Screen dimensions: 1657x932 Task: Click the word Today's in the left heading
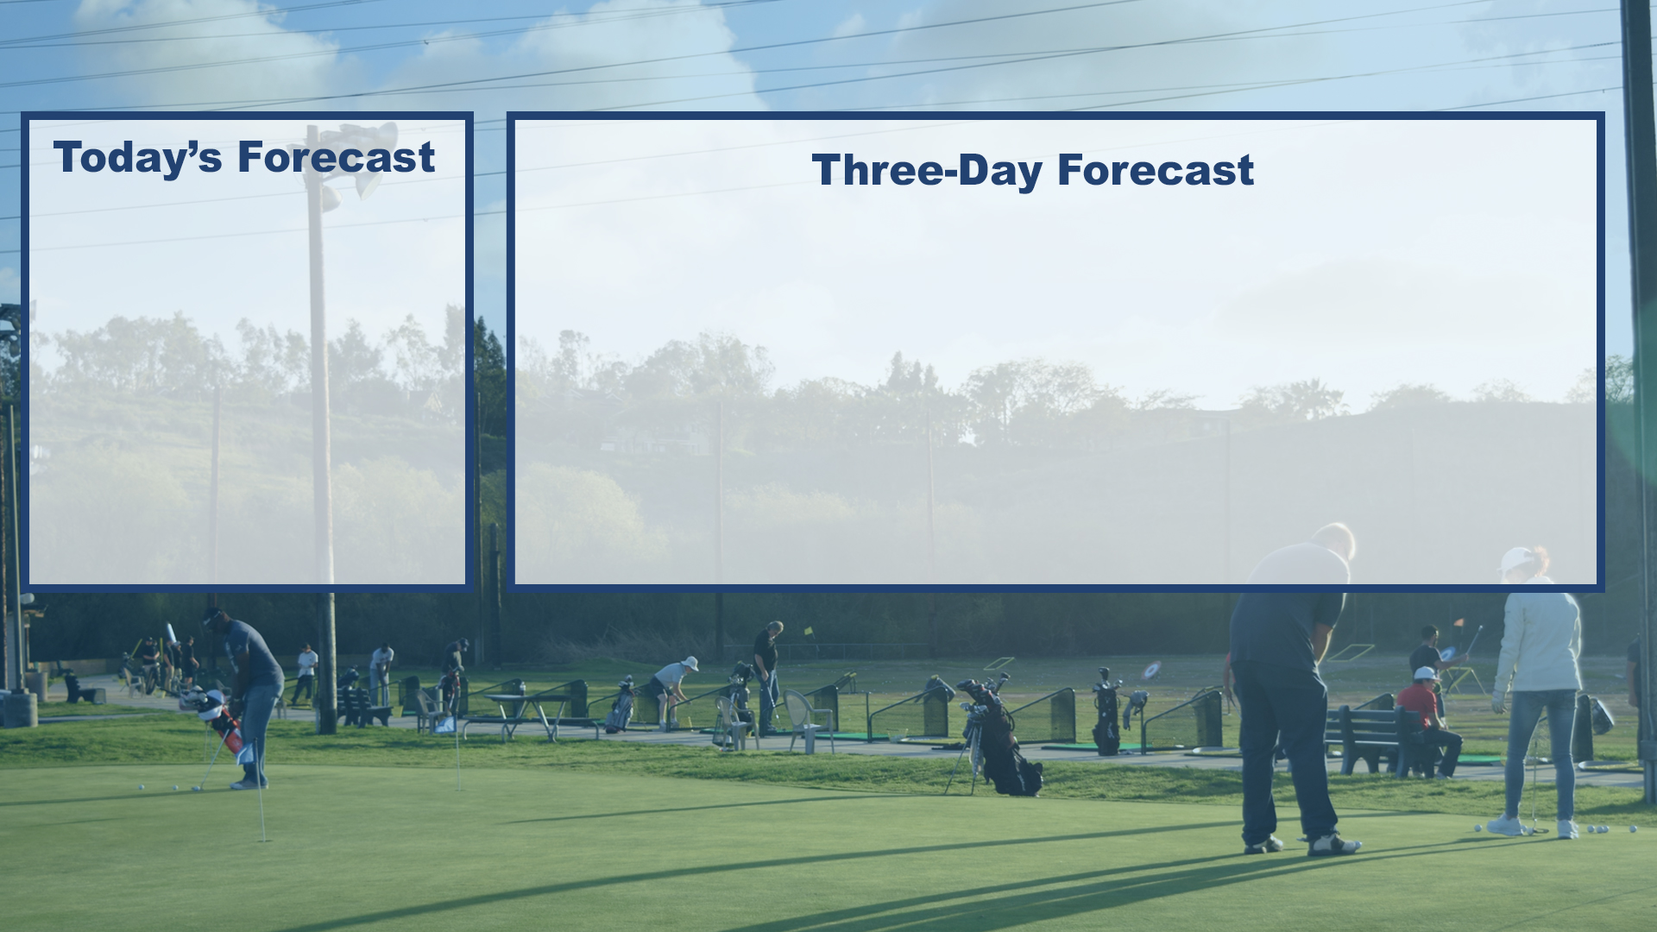(x=137, y=157)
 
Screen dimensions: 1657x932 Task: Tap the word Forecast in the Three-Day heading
(x=1156, y=169)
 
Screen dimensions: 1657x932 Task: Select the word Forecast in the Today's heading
(x=336, y=157)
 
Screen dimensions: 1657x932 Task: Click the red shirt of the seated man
(x=1420, y=703)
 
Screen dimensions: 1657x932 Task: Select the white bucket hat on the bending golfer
(x=690, y=663)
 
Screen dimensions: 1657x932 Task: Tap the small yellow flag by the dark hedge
(x=810, y=630)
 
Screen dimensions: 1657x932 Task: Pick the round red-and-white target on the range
(x=1150, y=671)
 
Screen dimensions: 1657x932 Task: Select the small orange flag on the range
(x=1458, y=621)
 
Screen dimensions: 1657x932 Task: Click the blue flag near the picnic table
(x=445, y=725)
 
